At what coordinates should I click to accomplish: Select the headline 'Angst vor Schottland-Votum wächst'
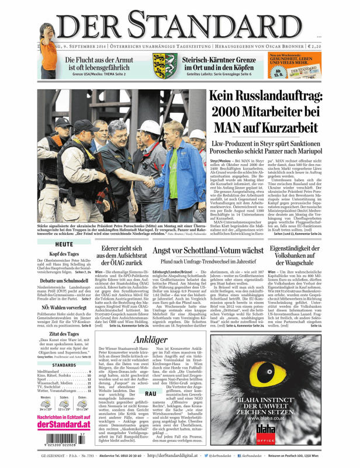coord(207,251)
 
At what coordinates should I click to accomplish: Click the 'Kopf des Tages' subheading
coord(64,254)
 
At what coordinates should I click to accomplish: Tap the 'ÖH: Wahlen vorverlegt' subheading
coord(64,307)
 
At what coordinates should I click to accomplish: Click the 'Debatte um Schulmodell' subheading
coord(64,280)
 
